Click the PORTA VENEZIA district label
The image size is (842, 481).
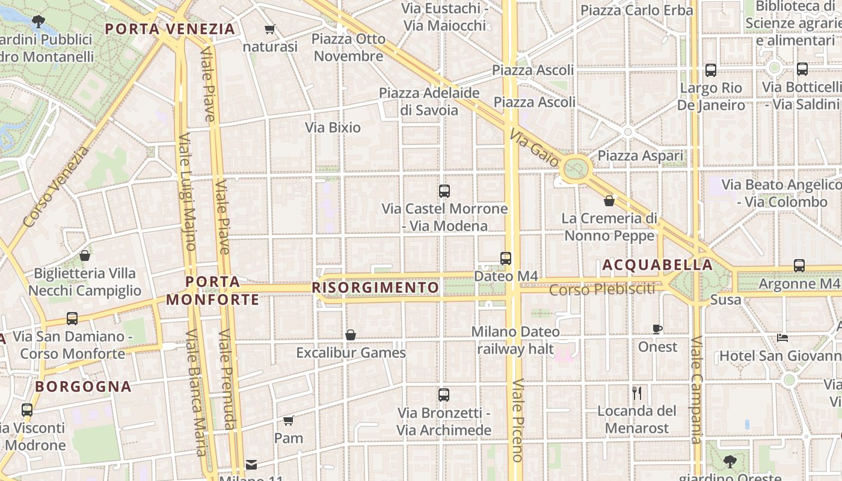pos(170,29)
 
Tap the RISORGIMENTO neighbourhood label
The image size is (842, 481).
pos(376,288)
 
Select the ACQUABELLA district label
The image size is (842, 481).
pos(657,265)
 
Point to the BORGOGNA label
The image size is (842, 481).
pos(83,387)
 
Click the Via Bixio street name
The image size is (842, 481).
pos(333,127)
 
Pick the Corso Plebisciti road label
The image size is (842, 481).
pos(602,290)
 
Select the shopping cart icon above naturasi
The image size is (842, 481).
pos(270,29)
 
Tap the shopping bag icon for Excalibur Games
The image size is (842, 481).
pos(351,335)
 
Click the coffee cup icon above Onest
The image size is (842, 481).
pos(657,329)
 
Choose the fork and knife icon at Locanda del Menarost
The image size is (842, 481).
pos(637,393)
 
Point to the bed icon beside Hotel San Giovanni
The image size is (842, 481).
pos(782,338)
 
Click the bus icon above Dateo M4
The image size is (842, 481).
pos(506,259)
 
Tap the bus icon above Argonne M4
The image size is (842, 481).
pos(799,265)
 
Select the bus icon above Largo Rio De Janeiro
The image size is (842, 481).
pos(711,70)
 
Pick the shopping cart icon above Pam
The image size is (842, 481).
pos(289,420)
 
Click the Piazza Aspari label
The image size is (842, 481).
pos(641,156)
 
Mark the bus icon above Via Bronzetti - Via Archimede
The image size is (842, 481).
pos(444,395)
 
